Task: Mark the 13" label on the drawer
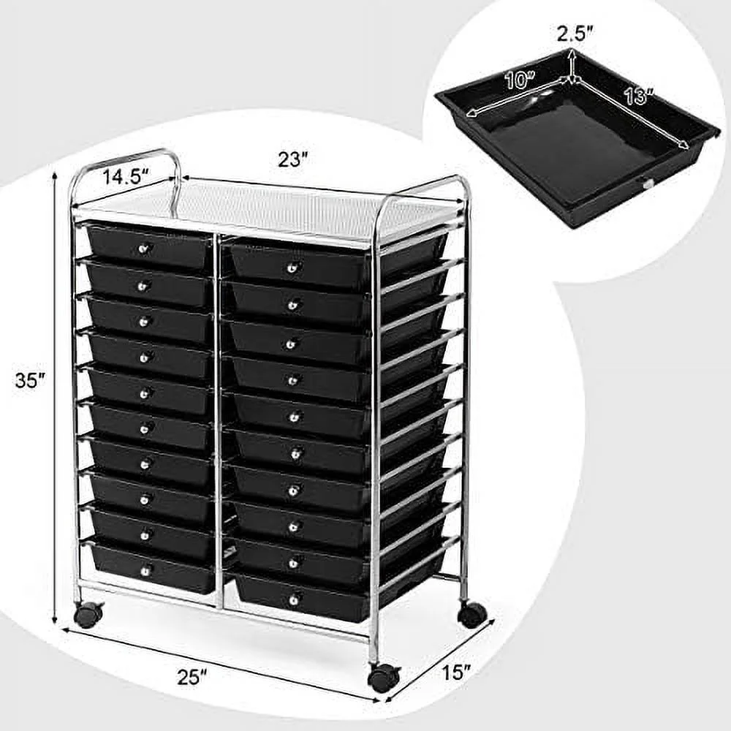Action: point(638,95)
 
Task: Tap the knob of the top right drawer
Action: point(291,268)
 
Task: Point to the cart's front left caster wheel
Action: point(88,616)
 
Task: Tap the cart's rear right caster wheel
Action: point(471,613)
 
